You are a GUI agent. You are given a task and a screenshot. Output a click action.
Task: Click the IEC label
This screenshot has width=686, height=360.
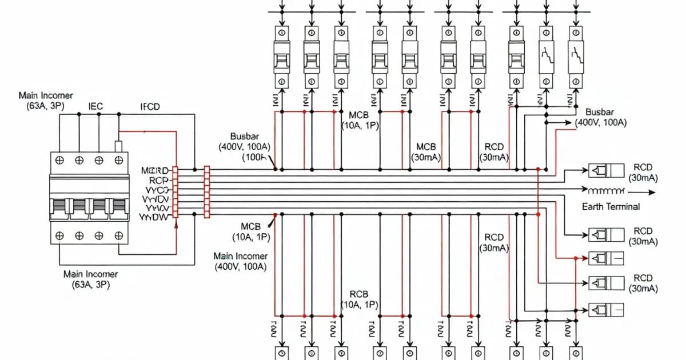(95, 106)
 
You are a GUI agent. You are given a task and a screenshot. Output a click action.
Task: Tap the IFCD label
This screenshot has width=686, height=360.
(150, 106)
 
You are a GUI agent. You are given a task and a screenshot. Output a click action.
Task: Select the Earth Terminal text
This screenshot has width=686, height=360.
(611, 206)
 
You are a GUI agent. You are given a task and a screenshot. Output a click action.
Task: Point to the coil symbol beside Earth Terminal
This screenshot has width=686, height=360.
(604, 190)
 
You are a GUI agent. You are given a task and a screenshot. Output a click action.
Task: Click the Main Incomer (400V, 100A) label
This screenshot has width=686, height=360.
(240, 262)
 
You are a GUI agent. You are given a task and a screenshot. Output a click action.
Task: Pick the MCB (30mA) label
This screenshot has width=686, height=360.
(426, 152)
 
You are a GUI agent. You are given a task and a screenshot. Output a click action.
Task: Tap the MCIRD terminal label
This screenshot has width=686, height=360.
(155, 170)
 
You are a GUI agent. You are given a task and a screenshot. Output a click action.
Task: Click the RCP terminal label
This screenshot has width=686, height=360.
(158, 179)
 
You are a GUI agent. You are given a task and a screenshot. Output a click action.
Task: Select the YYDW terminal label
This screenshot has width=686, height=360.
(154, 217)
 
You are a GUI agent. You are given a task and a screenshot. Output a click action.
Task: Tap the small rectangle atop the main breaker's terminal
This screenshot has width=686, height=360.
(119, 146)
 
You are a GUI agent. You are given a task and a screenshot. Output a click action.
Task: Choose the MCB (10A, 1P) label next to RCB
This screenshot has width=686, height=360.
(360, 120)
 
